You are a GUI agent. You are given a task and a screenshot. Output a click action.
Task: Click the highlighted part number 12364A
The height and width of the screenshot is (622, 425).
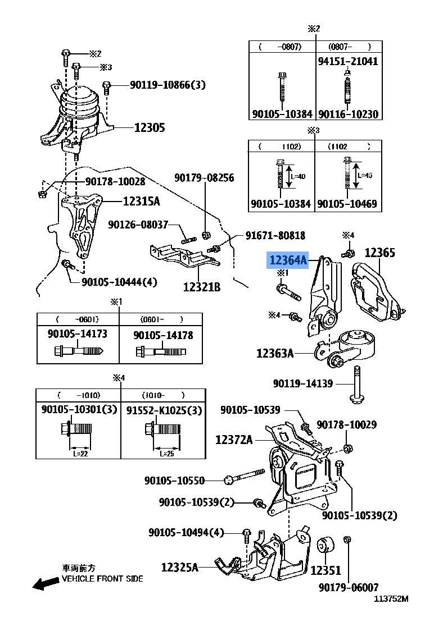tap(288, 260)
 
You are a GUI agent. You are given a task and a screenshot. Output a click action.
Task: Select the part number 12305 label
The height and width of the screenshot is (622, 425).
tap(150, 128)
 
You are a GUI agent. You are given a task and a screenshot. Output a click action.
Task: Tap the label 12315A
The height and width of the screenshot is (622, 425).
tap(141, 202)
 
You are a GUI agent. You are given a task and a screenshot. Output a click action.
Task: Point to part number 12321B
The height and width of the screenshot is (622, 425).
tap(201, 287)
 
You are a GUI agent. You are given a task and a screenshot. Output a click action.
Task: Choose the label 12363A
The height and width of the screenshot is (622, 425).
tap(275, 353)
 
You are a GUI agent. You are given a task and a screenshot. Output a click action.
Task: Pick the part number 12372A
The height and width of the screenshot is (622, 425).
tap(234, 440)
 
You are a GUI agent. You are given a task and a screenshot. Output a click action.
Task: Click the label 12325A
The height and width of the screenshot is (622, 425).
tap(180, 568)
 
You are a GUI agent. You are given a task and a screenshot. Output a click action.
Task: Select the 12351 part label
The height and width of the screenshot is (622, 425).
tap(325, 570)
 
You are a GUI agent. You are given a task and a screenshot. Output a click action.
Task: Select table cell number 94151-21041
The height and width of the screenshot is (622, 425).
tap(348, 61)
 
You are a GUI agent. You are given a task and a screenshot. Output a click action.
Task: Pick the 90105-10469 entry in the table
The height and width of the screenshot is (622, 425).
tap(347, 204)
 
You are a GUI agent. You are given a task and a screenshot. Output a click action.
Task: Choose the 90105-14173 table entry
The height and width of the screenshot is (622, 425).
tap(78, 334)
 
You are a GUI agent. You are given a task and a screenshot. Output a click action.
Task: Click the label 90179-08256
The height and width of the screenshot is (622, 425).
tap(204, 178)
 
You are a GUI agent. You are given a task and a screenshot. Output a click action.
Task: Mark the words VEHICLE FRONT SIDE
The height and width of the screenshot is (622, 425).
tap(102, 579)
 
